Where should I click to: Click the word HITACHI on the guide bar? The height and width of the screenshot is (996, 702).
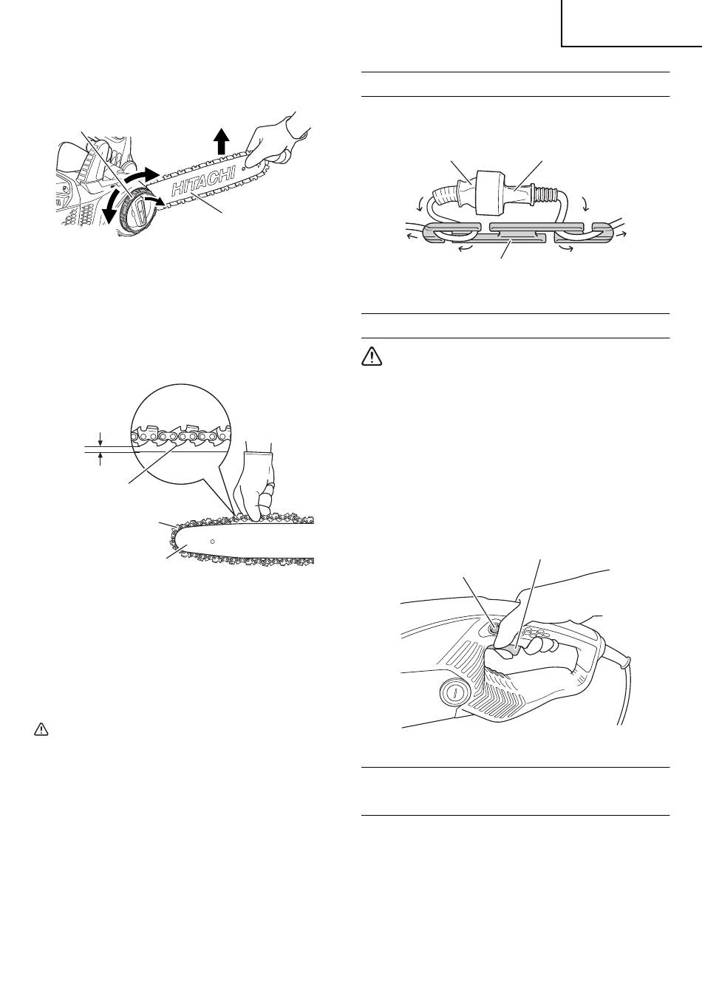pos(202,180)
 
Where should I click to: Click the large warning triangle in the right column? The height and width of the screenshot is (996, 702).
pos(372,357)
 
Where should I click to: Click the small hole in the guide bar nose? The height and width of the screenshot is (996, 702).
pos(213,541)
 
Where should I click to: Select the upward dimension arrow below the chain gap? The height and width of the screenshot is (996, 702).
pos(100,460)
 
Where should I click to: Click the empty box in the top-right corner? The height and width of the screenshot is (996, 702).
pos(631,23)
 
